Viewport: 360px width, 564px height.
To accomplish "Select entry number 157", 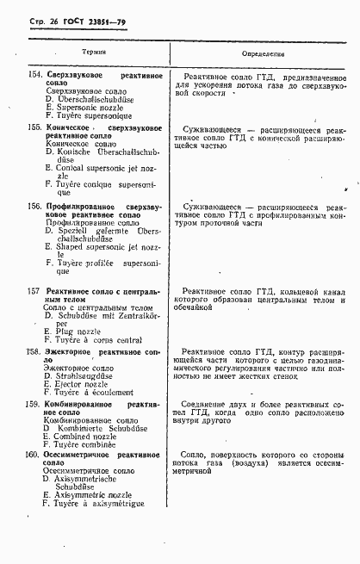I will click(33, 292).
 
